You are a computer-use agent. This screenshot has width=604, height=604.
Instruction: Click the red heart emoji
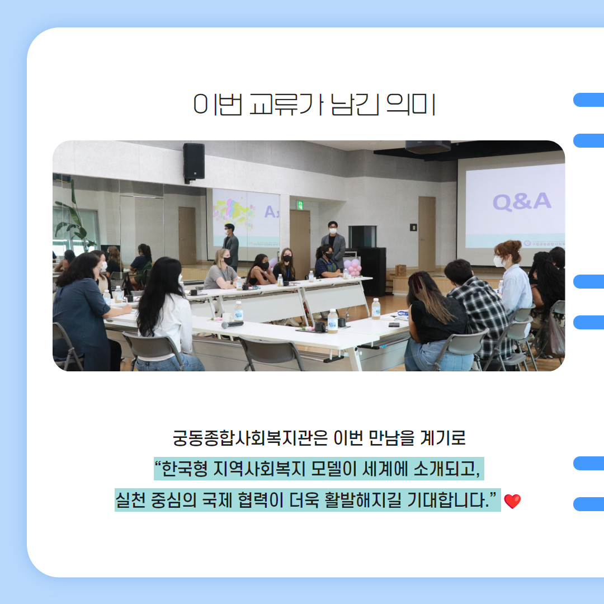coord(512,501)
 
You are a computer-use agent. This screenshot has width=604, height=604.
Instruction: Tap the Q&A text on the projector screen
coord(522,201)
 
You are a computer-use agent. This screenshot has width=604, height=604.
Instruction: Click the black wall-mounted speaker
coord(194,163)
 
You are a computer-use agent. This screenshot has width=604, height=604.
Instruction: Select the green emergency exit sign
coord(300,205)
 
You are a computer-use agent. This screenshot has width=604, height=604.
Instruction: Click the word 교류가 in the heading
coord(286,104)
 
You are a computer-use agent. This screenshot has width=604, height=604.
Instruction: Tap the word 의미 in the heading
coord(410,104)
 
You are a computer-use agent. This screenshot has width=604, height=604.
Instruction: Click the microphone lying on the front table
coord(232,324)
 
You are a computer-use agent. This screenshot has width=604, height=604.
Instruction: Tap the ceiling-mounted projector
coord(428,147)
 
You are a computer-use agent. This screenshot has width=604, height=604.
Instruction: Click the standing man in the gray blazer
coord(333,244)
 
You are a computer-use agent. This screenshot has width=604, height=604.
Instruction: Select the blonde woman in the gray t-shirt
coord(221,270)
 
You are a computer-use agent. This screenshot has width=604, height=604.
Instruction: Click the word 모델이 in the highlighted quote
coord(333,469)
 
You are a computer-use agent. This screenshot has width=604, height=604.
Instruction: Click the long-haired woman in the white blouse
coord(168,314)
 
